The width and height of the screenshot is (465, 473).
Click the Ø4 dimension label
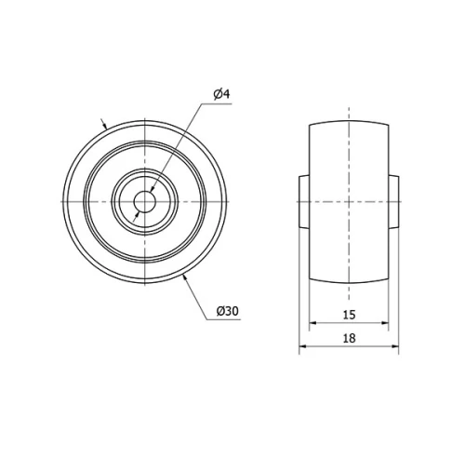coord(221,93)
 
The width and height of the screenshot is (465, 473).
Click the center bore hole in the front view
coord(144,201)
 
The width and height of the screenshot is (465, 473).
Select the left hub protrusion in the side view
coord(303,201)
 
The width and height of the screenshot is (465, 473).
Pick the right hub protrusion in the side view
coord(394,201)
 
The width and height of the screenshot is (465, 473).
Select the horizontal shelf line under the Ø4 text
coord(221,103)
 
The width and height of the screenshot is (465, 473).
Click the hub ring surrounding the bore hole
coord(144,183)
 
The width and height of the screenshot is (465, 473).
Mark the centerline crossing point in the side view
coord(349,201)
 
